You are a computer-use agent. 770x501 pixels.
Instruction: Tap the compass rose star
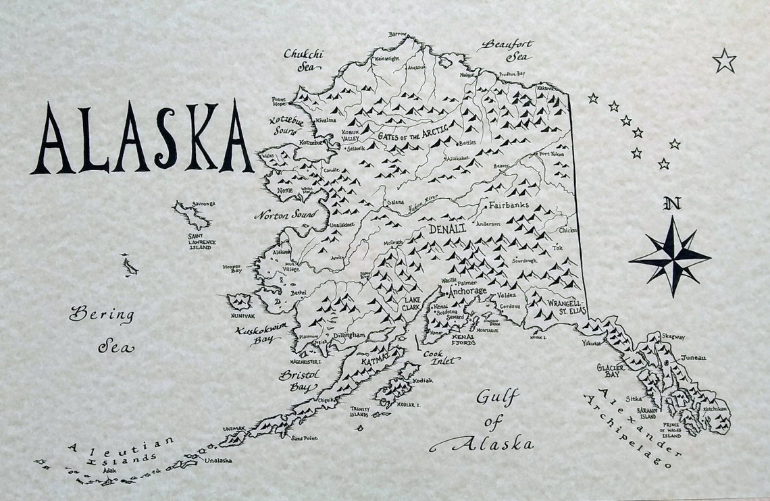click(x=670, y=257)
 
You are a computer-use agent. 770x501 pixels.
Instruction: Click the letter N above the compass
click(x=672, y=203)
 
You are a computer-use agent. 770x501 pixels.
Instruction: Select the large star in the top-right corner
click(x=724, y=61)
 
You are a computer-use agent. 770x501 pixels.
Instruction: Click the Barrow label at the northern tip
click(x=398, y=34)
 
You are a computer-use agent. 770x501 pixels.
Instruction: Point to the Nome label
click(x=285, y=190)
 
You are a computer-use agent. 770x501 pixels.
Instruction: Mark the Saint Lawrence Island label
click(x=199, y=241)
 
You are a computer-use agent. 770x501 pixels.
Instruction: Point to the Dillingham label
click(x=348, y=335)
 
